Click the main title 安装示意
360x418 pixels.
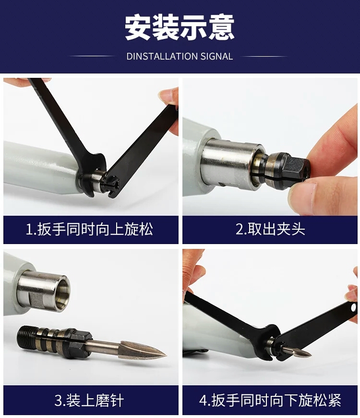coord(180,28)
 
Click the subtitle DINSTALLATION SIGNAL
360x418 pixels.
coord(180,56)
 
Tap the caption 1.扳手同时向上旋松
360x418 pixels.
coord(90,229)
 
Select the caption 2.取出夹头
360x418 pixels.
coord(270,229)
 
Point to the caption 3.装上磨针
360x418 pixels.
coord(89,400)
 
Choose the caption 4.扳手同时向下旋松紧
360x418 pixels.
coord(270,400)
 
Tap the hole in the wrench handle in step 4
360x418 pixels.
coord(353,306)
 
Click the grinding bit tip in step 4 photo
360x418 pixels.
coord(307,355)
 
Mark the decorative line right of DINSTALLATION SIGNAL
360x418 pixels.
coord(265,56)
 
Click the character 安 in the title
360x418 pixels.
coord(138,28)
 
